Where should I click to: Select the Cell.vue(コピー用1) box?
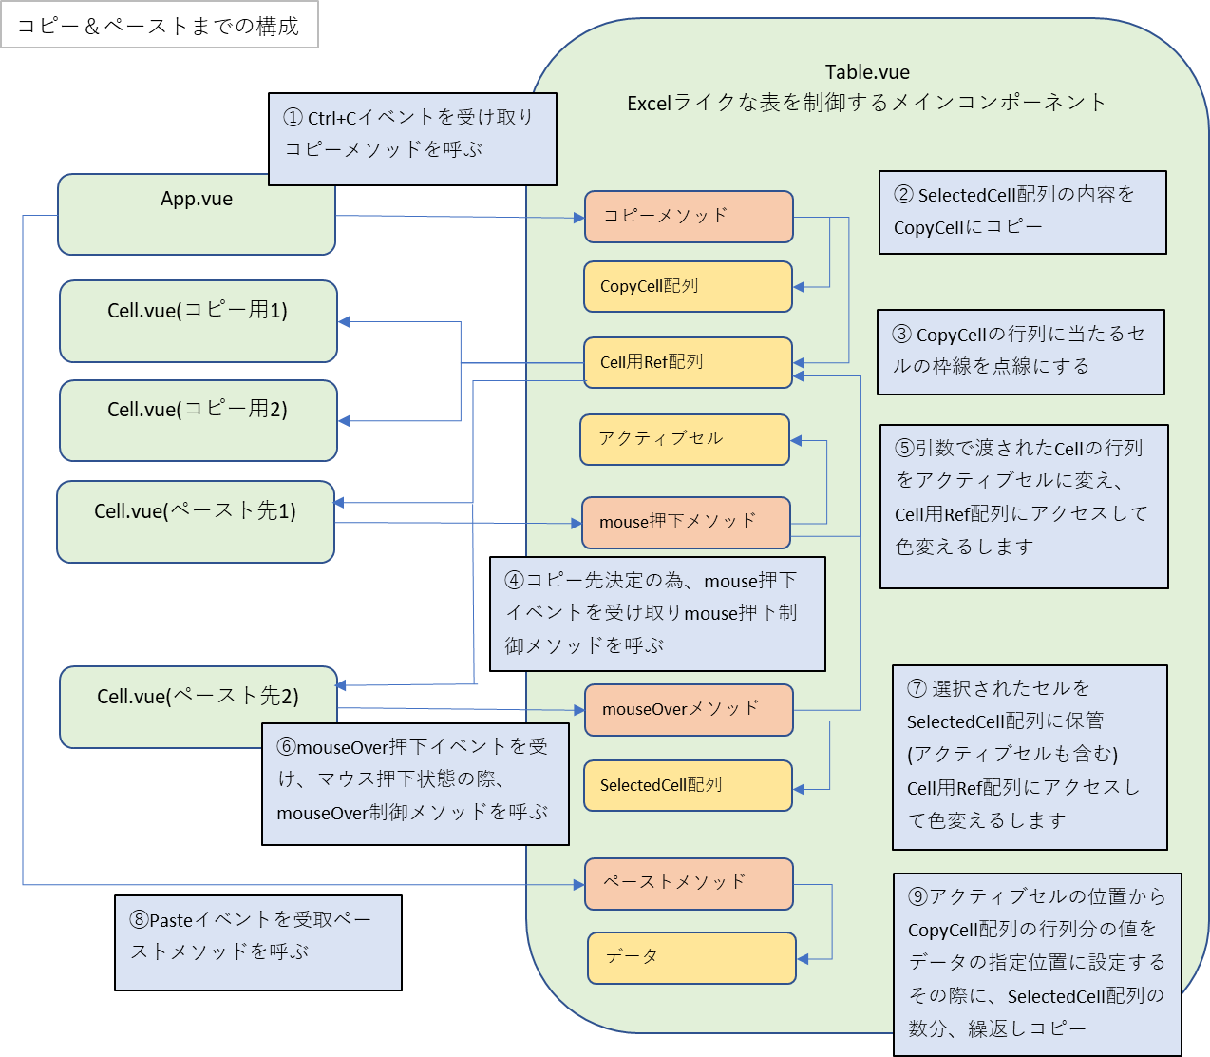coord(198,321)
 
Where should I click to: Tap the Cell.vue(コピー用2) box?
coord(198,420)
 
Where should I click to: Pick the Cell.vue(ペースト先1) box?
coord(195,522)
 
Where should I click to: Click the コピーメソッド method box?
coord(688,217)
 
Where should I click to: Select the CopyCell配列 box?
coord(688,286)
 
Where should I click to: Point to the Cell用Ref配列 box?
coord(688,362)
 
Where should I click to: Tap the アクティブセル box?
coord(684,439)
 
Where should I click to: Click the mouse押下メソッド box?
coord(685,522)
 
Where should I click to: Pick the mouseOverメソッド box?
coord(688,709)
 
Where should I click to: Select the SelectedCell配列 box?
coord(688,785)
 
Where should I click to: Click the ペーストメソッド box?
coord(688,883)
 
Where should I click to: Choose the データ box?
coord(690,957)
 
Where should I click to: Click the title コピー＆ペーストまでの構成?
coord(159,26)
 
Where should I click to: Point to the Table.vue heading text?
coord(866,72)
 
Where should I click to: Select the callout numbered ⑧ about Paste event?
coord(257,942)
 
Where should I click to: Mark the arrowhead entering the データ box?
coord(803,959)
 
